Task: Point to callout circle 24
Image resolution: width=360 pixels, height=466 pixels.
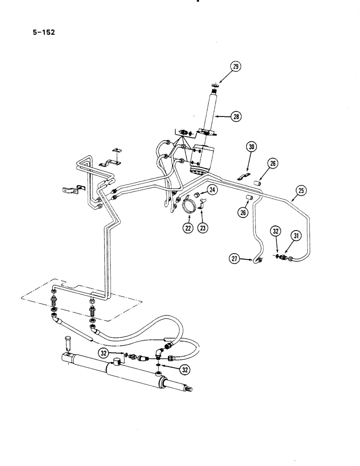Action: click(x=212, y=190)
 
